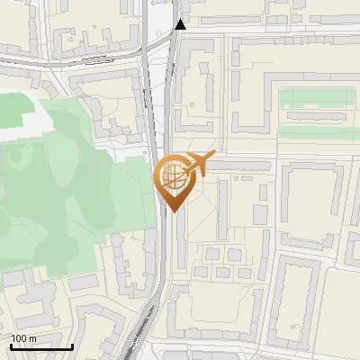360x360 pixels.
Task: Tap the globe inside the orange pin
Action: [x=173, y=177]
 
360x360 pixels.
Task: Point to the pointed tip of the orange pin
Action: [x=173, y=212]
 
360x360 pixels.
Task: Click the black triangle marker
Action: [x=181, y=24]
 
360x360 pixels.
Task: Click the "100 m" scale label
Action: [x=24, y=338]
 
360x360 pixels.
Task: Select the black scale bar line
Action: [x=41, y=346]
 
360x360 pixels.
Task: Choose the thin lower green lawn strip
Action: [x=315, y=131]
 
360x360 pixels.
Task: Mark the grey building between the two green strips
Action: [x=315, y=115]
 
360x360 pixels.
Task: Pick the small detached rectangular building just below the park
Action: [x=82, y=282]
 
